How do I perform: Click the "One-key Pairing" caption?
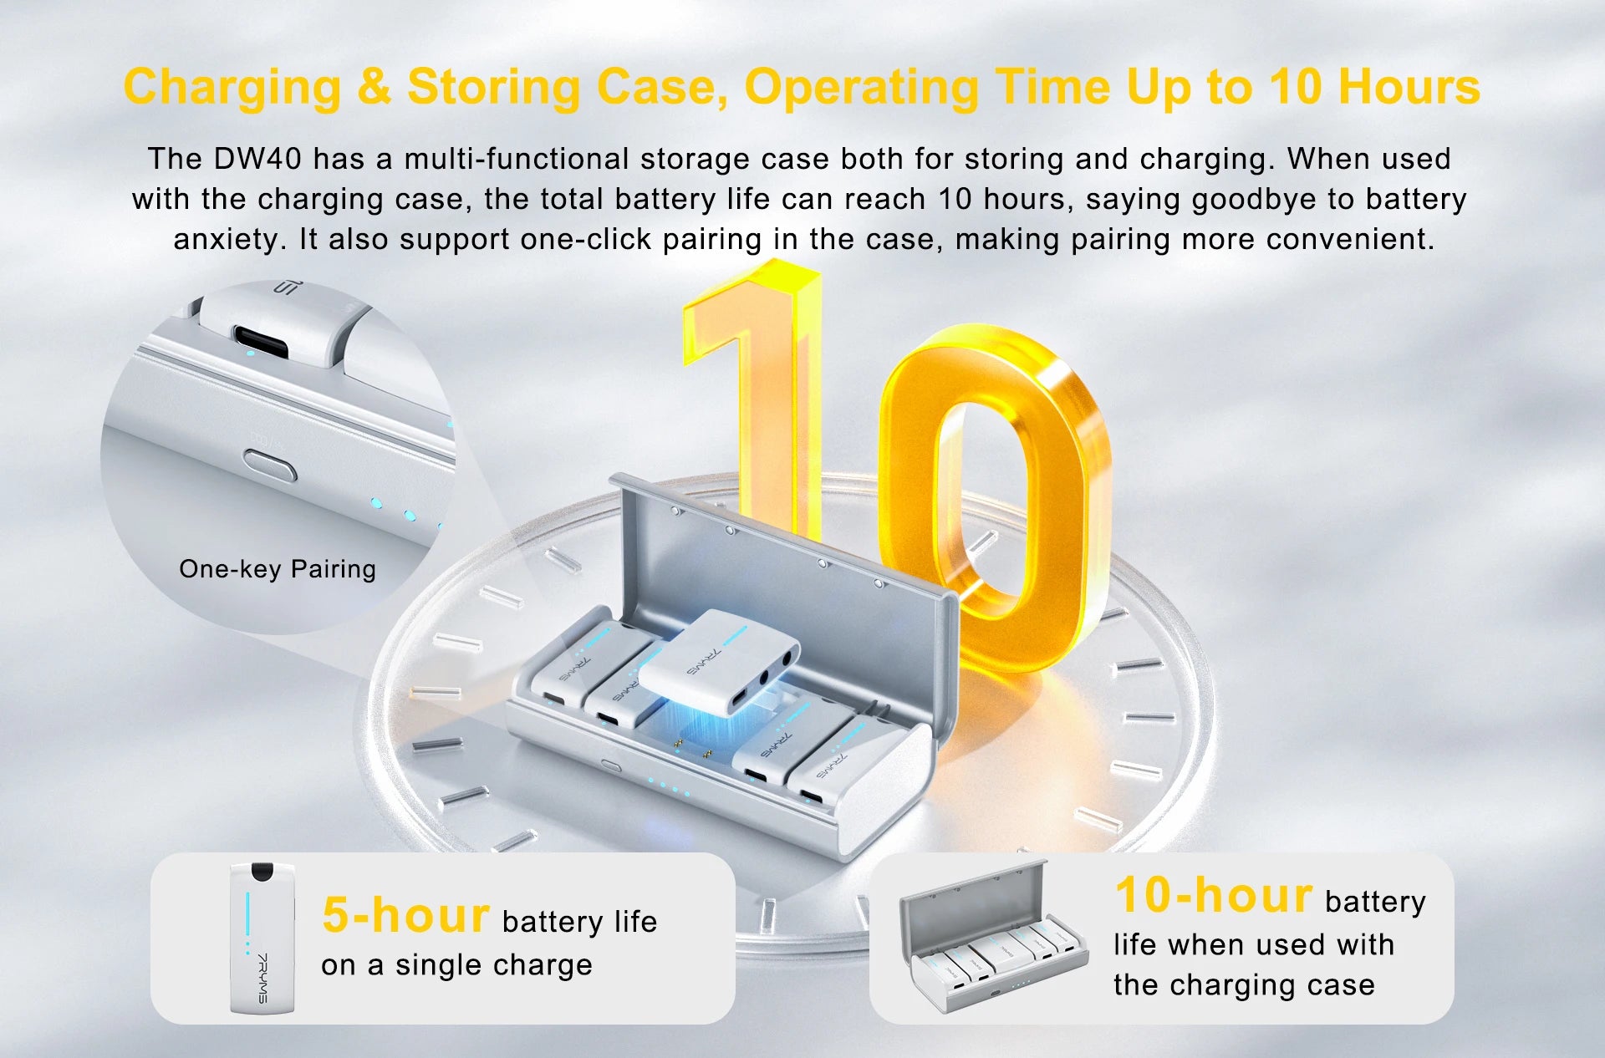tap(278, 569)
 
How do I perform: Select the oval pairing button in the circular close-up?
tap(270, 464)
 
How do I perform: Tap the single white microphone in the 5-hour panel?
tap(262, 938)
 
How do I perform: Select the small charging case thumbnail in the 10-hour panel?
tap(993, 936)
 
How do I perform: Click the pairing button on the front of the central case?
tap(611, 765)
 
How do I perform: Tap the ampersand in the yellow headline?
tap(374, 87)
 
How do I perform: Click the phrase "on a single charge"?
tap(456, 965)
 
